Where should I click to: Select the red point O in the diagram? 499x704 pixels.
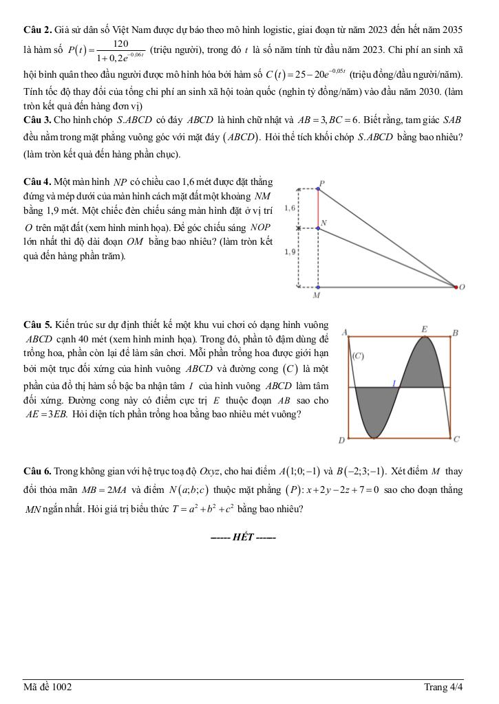click(x=456, y=287)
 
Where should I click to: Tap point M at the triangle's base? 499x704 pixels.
click(x=317, y=287)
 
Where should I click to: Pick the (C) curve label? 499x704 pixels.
click(x=358, y=356)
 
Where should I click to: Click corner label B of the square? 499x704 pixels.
click(x=455, y=333)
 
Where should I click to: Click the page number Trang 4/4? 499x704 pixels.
click(x=443, y=687)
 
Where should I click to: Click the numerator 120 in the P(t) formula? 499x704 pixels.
click(x=121, y=43)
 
